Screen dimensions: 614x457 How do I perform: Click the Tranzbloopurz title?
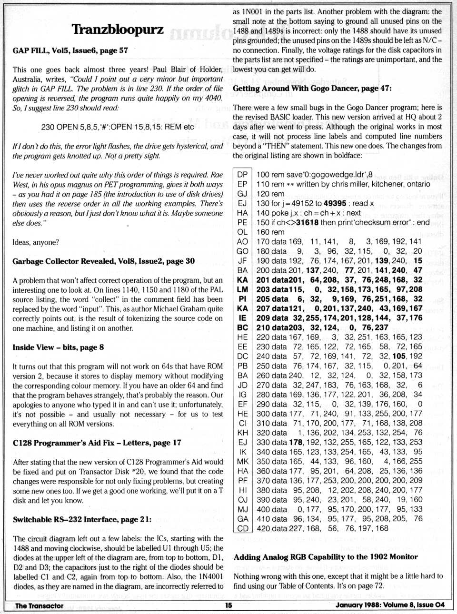click(117, 30)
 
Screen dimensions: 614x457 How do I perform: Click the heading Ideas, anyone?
click(36, 242)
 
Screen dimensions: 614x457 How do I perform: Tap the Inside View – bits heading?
click(58, 347)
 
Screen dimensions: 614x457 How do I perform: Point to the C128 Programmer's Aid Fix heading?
click(97, 443)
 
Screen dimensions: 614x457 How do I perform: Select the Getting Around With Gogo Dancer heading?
click(312, 88)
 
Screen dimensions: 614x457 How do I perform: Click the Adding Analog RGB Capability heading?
click(326, 557)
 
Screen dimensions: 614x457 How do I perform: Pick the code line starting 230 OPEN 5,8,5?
click(118, 127)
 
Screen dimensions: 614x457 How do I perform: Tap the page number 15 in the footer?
click(228, 605)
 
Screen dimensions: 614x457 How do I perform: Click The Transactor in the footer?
click(39, 605)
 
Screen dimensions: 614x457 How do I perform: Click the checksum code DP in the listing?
click(242, 174)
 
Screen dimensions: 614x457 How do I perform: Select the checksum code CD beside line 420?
click(242, 528)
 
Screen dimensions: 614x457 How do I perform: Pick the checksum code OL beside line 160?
click(242, 232)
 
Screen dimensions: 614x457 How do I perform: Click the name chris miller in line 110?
click(346, 184)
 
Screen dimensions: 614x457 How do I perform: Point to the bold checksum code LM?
click(242, 289)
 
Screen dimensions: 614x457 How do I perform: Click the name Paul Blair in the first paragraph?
click(172, 69)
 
